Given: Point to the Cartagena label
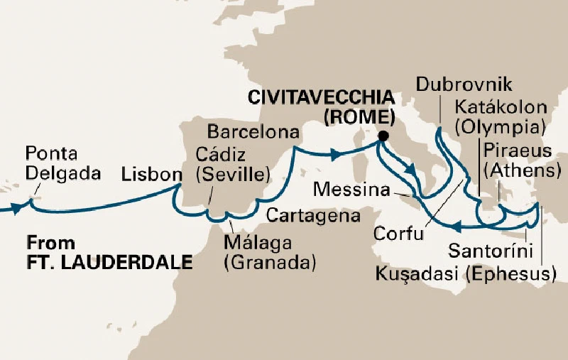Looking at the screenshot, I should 313,214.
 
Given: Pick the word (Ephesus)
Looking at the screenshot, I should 510,273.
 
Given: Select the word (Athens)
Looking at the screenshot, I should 522,171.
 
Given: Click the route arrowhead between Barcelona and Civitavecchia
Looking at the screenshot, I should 335,153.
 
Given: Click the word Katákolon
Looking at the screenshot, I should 501,108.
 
